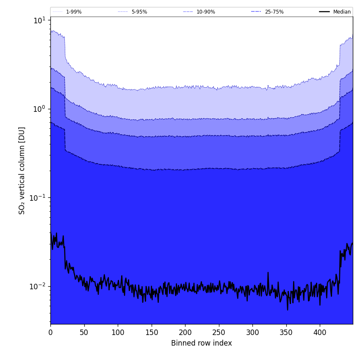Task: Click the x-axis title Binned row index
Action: point(202,343)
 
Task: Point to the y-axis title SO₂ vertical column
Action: point(22,170)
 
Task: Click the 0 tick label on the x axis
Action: point(50,332)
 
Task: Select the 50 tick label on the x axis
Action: point(84,332)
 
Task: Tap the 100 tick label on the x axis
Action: point(118,332)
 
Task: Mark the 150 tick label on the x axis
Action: point(152,332)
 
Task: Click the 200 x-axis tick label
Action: point(185,332)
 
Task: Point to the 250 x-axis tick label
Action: point(219,332)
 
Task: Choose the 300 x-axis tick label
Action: point(252,332)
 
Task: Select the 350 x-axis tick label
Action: point(286,332)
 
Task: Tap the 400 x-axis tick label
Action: point(320,332)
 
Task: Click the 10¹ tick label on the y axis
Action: point(39,20)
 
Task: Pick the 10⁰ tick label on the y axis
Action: point(39,109)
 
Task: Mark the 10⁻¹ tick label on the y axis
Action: point(38,197)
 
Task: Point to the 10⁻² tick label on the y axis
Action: point(38,286)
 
